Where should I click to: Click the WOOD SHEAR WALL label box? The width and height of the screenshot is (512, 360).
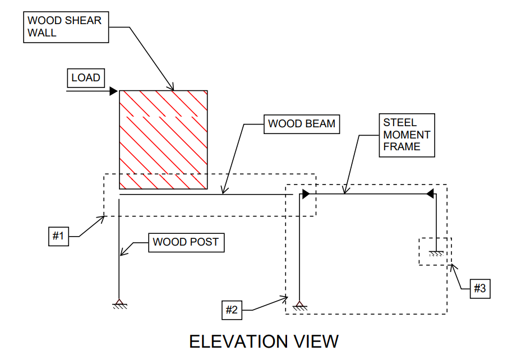66,26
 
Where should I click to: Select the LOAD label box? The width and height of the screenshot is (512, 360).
86,78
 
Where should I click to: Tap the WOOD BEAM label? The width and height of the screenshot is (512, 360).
302,124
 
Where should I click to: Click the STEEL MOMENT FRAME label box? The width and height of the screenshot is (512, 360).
407,135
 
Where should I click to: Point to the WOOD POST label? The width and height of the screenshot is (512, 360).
186,242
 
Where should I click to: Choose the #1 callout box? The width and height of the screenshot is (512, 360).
59,236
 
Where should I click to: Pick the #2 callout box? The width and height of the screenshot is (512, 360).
232,310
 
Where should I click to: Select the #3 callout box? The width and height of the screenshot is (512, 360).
479,288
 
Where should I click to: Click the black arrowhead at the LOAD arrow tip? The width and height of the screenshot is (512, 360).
114,91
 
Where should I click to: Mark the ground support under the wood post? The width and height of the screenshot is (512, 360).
119,304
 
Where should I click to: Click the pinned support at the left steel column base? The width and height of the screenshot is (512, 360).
300,306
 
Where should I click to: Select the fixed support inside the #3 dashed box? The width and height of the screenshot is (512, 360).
437,253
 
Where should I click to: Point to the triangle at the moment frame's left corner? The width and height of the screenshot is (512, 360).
306,194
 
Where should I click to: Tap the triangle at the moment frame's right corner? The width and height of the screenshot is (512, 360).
431,194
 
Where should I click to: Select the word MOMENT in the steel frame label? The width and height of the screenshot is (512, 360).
407,135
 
